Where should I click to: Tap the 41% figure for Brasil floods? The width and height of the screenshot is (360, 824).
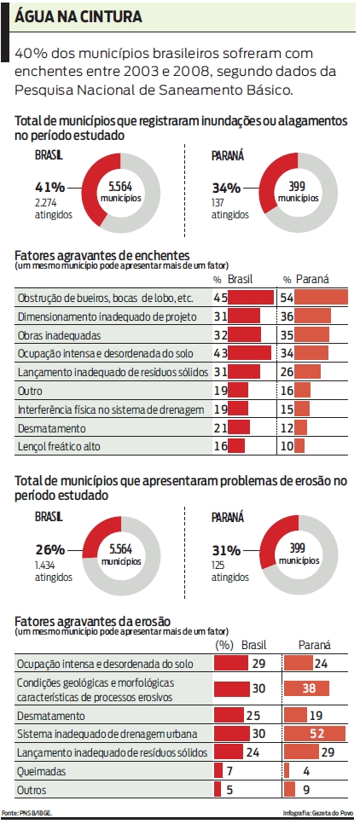50,187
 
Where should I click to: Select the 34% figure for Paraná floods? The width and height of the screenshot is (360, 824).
226,187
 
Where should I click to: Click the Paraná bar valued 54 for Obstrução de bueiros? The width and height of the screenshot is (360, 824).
322,297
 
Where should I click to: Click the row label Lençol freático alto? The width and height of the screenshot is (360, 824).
59,446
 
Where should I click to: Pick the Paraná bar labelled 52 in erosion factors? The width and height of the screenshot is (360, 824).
315,734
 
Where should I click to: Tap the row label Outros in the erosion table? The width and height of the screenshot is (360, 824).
33,790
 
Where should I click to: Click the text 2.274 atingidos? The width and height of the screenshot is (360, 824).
52,209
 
